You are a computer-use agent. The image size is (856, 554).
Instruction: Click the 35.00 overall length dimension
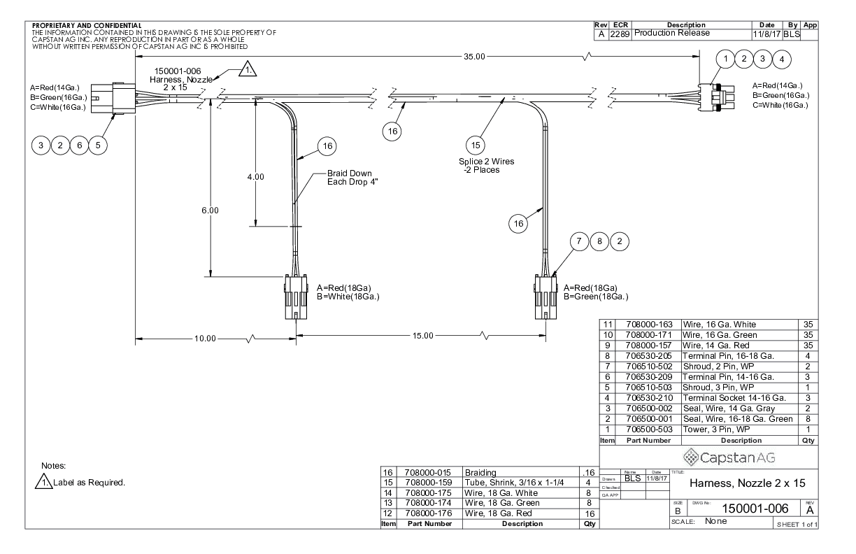[x=474, y=57]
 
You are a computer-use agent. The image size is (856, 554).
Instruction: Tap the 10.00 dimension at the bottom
[x=205, y=338]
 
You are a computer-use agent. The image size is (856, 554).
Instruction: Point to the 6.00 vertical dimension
[x=210, y=210]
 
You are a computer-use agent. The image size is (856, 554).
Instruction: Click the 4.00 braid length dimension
[x=256, y=177]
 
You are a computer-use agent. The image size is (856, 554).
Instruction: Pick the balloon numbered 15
[x=476, y=145]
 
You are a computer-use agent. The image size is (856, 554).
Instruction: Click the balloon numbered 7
[x=579, y=241]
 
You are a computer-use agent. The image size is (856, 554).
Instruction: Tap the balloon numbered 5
[x=98, y=145]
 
